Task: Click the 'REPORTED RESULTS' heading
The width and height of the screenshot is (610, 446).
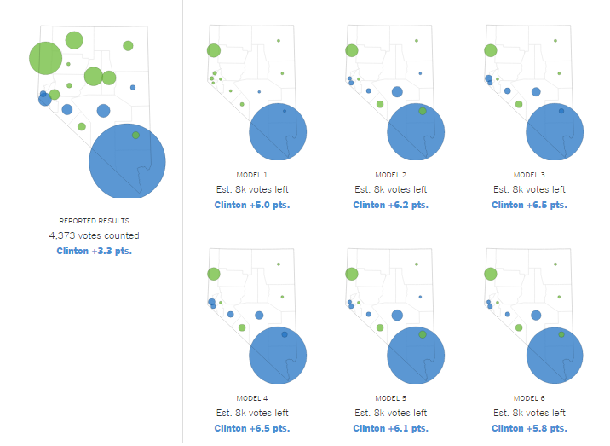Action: tap(94, 221)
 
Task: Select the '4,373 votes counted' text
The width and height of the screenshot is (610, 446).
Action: tap(94, 235)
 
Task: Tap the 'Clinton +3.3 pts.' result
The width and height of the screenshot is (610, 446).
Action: tap(94, 251)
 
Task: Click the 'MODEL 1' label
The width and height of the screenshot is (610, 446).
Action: tap(251, 175)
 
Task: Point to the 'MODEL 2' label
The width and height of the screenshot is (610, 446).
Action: tap(390, 175)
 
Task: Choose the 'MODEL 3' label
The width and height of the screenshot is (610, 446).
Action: tap(529, 175)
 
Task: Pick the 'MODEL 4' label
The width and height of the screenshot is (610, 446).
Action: tap(251, 398)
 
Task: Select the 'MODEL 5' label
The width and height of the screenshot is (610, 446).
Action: tap(390, 398)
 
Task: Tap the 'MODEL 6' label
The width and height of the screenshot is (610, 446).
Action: tap(529, 398)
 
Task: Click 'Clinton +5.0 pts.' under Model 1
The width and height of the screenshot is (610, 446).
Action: tap(251, 205)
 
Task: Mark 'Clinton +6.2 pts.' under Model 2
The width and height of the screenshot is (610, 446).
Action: tap(390, 205)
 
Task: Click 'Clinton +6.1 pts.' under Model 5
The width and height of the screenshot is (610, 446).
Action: tap(390, 428)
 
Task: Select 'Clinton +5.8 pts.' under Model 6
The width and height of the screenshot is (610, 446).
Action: tap(529, 428)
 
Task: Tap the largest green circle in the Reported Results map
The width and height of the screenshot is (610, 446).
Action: tap(46, 58)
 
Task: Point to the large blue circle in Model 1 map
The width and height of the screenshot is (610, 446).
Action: tap(278, 132)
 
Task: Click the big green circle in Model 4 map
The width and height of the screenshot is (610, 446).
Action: tap(214, 274)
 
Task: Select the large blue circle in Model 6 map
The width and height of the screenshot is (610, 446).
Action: tap(555, 356)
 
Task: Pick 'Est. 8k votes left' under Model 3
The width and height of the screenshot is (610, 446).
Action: tap(529, 189)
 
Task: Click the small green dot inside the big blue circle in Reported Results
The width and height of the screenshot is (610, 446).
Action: tap(135, 135)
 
